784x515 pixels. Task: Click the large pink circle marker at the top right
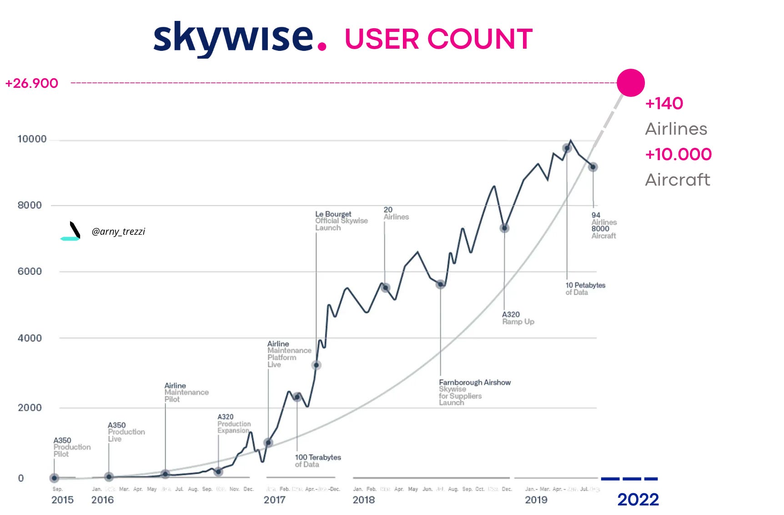630,83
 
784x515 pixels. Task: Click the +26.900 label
31,83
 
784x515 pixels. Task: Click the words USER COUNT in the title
438,39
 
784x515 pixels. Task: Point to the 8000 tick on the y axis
30,205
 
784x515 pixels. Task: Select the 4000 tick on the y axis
30,338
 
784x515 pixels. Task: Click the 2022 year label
638,500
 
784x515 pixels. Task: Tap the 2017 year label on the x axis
274,500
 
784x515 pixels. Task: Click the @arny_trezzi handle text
118,232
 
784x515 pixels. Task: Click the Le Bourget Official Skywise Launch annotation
341,221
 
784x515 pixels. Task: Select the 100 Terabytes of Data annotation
317,460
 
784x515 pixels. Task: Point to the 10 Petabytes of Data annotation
585,288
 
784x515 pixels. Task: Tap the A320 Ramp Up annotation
518,318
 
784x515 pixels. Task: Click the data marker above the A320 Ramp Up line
504,228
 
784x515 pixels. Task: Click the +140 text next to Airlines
664,103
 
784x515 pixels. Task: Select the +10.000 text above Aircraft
678,154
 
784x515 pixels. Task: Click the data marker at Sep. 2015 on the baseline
55,478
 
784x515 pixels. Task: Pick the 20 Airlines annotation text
396,213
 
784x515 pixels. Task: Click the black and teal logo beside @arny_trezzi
72,231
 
